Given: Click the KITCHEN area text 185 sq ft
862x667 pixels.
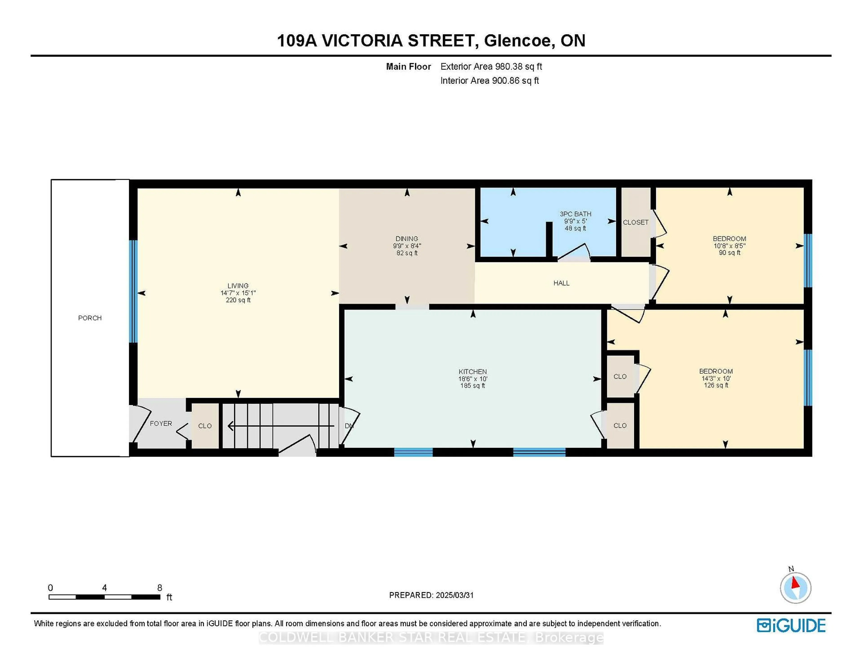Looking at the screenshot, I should tap(473, 386).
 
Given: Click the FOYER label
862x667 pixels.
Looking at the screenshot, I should tap(161, 424).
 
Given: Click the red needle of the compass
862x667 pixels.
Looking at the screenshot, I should tap(796, 583).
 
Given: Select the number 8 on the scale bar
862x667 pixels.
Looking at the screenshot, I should tap(159, 588).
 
